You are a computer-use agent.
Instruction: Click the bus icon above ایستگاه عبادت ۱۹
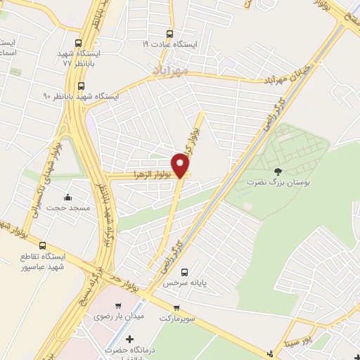169,33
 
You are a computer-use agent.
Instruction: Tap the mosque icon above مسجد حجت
67,198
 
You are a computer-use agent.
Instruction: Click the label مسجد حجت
64,208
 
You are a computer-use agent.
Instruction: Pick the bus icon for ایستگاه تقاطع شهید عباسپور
44,246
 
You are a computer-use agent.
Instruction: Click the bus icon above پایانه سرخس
184,273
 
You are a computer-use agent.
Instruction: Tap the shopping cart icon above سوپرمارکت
176,307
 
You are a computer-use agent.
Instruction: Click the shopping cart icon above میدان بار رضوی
117,306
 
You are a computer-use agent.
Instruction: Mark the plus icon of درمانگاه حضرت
129,340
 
